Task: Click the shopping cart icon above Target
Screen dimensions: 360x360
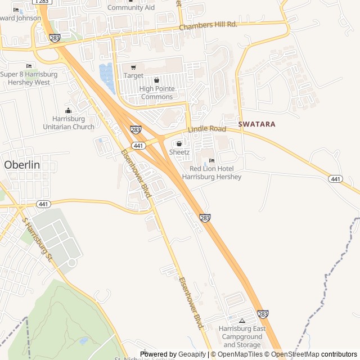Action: point(133,67)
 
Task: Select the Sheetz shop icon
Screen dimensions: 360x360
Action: point(179,144)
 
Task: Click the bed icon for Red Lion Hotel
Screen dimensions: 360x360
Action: point(211,161)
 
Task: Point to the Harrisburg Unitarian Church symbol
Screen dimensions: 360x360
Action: point(69,111)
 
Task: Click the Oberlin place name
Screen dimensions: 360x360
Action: point(22,165)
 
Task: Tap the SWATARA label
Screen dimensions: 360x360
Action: point(256,124)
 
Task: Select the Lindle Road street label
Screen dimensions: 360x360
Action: point(207,130)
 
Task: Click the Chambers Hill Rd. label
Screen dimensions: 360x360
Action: point(208,26)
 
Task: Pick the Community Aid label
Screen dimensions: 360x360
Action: point(131,8)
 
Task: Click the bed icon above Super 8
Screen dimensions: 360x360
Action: point(29,66)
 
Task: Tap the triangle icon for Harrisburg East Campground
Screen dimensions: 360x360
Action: point(242,321)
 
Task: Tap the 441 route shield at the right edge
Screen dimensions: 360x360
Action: point(336,179)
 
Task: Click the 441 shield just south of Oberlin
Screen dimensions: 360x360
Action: point(43,204)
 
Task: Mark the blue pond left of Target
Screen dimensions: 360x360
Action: point(107,78)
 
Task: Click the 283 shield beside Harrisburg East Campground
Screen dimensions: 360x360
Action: point(263,314)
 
